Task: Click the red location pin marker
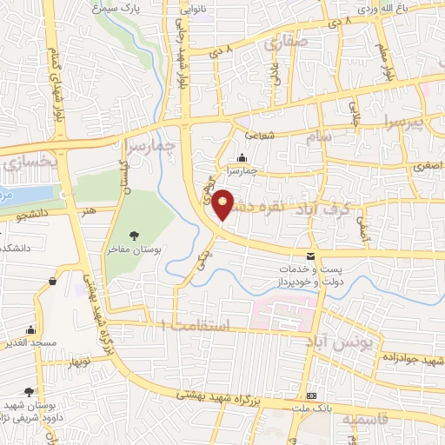tap(224, 205)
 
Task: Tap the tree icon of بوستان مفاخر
tap(135, 235)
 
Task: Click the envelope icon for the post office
tap(311, 256)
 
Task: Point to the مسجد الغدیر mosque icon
tap(31, 329)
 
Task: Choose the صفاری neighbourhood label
tap(288, 40)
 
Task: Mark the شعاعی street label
tap(259, 135)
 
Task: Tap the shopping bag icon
tap(55, 281)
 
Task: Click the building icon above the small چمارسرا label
tap(241, 158)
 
